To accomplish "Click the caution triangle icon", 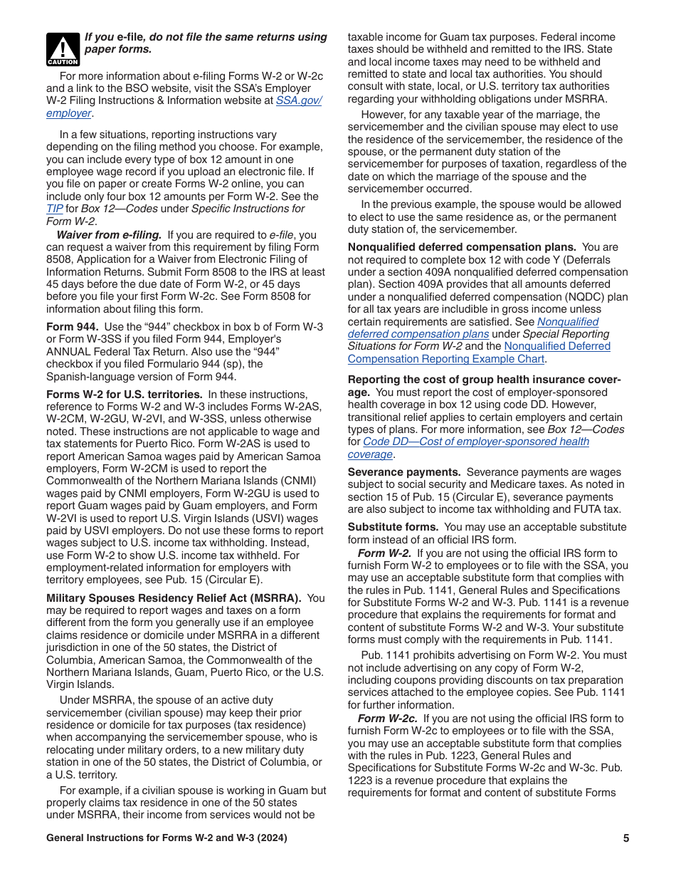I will pyautogui.click(x=63, y=48).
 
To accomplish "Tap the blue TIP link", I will pyautogui.click(x=54, y=209).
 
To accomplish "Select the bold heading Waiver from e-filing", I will pyautogui.click(x=109, y=234).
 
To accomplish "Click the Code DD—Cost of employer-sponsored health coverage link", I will pyautogui.click(x=475, y=442).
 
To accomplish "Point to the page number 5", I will pyautogui.click(x=626, y=838).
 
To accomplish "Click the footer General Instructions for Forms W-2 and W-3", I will pyautogui.click(x=167, y=838).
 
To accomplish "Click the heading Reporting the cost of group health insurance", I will pyautogui.click(x=484, y=380).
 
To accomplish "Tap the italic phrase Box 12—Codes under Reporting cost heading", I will pyautogui.click(x=586, y=429).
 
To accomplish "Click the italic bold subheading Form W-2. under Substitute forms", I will pyautogui.click(x=385, y=553).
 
